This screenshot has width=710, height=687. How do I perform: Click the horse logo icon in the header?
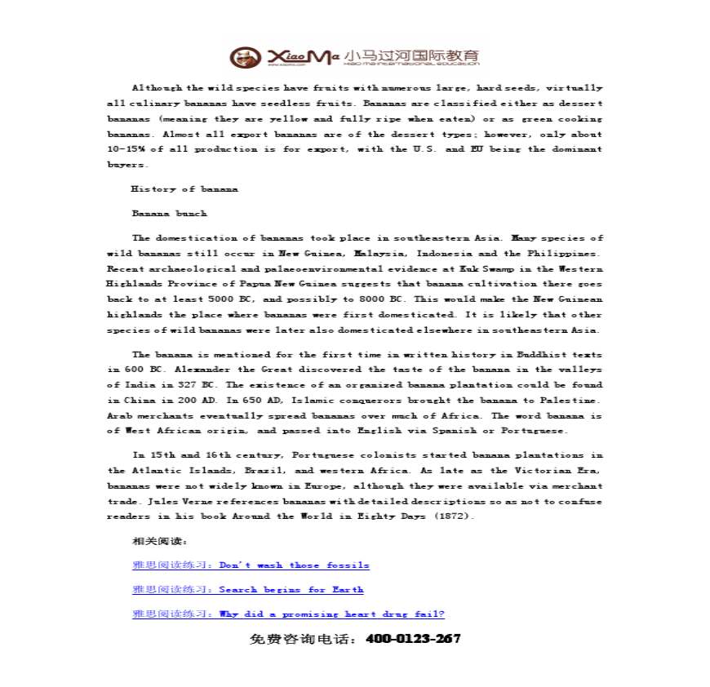(x=242, y=57)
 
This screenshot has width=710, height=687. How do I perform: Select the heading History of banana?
(x=184, y=189)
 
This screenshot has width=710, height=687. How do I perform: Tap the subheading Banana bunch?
(x=169, y=214)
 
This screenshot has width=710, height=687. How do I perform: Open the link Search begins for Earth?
(x=291, y=590)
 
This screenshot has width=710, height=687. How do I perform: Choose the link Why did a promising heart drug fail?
(x=331, y=614)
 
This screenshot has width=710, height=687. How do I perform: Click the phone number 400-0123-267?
(x=414, y=639)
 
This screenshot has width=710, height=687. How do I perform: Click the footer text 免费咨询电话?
(x=302, y=640)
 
